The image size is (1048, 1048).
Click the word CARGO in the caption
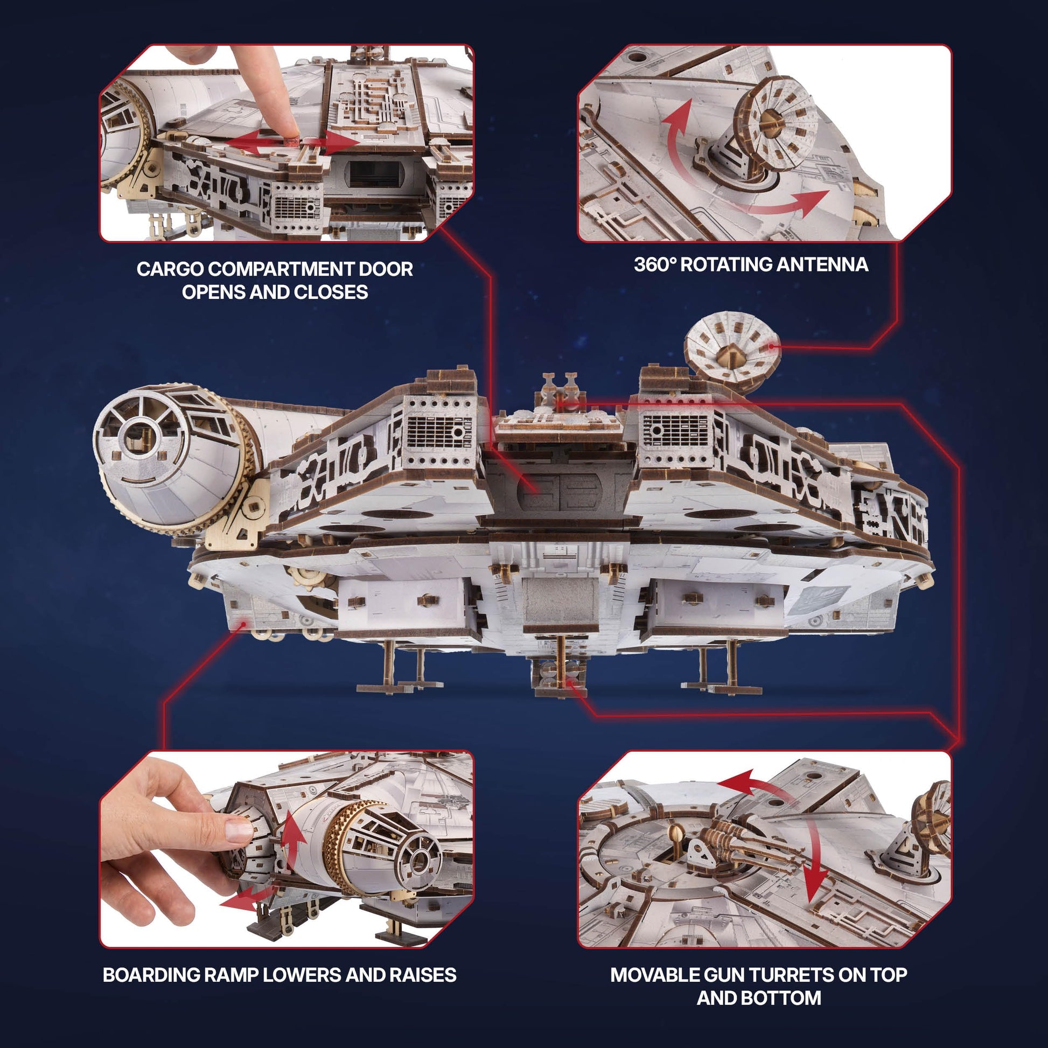point(170,269)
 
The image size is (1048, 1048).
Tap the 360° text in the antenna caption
point(655,265)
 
